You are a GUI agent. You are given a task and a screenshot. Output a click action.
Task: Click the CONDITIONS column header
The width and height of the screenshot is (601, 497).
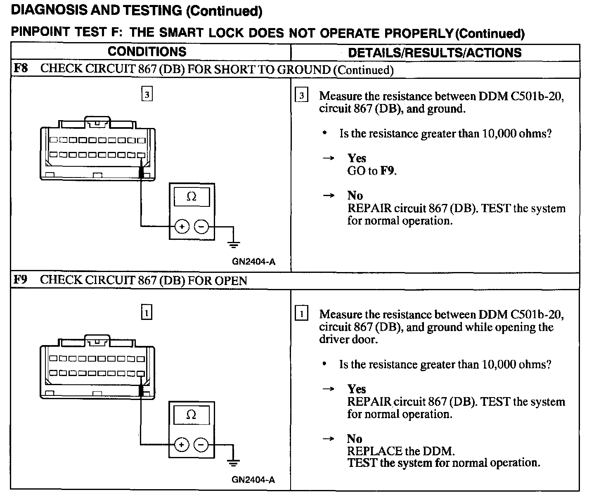click(x=147, y=52)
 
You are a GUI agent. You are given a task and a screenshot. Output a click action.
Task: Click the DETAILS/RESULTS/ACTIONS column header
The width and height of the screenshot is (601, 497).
click(x=435, y=52)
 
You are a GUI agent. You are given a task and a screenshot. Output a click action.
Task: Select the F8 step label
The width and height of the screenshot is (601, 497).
click(x=21, y=68)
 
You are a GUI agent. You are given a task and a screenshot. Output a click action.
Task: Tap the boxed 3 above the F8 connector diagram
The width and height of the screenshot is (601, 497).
click(x=147, y=95)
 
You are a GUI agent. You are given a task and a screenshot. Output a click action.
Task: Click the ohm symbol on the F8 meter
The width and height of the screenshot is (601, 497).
click(x=192, y=197)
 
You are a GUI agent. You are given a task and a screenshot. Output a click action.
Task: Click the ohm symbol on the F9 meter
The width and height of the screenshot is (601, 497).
click(x=191, y=414)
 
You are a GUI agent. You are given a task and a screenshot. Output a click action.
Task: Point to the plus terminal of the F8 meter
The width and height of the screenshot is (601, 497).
click(x=182, y=227)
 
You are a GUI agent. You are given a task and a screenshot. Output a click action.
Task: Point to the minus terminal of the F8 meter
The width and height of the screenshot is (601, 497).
click(x=201, y=227)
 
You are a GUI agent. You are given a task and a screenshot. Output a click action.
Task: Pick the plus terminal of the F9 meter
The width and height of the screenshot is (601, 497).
click(x=182, y=445)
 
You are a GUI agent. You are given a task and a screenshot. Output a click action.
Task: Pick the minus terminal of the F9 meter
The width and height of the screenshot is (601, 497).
click(x=201, y=445)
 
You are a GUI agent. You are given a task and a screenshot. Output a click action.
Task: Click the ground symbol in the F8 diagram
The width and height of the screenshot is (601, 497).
click(x=234, y=244)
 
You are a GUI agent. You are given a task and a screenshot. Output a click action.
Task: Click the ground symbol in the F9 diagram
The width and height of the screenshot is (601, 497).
click(x=234, y=462)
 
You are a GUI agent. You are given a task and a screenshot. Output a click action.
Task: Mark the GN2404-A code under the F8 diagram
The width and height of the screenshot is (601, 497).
click(x=253, y=262)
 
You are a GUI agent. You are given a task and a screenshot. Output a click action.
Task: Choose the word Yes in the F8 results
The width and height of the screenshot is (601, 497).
click(x=357, y=158)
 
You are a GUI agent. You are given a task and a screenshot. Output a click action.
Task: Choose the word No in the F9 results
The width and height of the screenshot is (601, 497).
click(x=355, y=439)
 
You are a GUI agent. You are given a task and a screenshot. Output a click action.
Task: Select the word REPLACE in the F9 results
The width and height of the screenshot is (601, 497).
click(x=374, y=451)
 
